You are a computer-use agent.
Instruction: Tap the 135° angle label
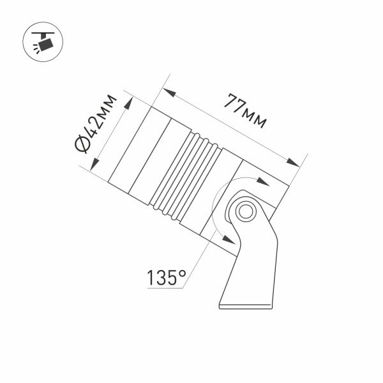(x=167, y=278)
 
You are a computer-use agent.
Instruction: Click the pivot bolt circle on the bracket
(x=244, y=211)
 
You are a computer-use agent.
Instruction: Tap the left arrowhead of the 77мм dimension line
(x=172, y=93)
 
